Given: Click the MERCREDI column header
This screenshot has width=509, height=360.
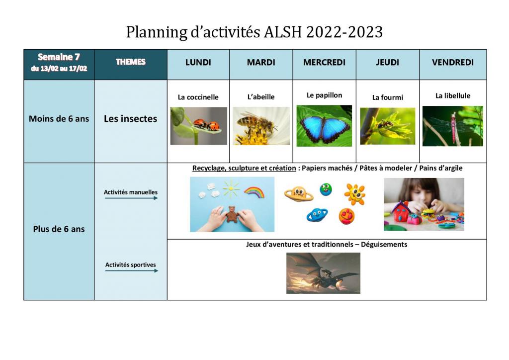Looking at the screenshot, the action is click(324, 62).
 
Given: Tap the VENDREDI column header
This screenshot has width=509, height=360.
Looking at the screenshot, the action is click(452, 62).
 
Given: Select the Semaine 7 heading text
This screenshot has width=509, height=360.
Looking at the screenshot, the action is click(59, 57).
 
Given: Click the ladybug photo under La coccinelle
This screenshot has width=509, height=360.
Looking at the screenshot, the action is click(199, 126).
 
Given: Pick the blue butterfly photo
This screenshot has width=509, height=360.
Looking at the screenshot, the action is click(324, 126).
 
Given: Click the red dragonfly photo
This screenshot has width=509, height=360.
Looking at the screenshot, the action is click(452, 126).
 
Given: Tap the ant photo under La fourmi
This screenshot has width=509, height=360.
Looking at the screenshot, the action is click(388, 126).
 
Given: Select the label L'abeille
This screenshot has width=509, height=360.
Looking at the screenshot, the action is click(261, 97).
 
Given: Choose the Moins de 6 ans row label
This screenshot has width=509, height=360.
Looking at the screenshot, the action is click(59, 119).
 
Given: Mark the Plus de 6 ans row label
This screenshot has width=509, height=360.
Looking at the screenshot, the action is click(59, 229).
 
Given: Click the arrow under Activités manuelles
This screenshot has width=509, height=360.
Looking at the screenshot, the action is click(131, 198).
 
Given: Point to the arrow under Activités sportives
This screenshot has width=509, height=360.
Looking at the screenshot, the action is click(131, 270).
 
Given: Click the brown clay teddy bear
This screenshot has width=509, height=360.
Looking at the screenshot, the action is click(232, 214).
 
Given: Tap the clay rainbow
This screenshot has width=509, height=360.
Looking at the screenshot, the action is click(254, 192).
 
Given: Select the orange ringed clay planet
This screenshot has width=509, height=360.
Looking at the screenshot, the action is click(299, 194).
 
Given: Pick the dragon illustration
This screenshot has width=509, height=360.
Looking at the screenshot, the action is click(323, 273).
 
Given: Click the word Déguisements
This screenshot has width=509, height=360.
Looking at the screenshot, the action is click(384, 245).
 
